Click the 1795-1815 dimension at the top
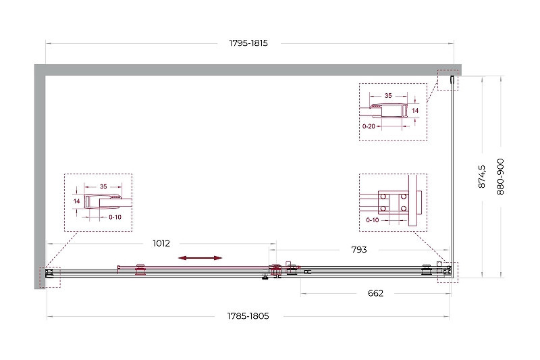coord(248,43)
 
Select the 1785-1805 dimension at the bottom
coord(248,316)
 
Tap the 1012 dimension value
coord(161,243)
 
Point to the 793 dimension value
coord(359,249)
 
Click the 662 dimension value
coord(375,293)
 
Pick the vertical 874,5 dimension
coord(482,176)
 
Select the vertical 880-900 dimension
coord(500,176)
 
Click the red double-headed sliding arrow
coord(200,258)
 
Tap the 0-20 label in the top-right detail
coord(369,126)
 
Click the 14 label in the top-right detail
coord(415,111)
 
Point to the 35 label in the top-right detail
coord(388,96)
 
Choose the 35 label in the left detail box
coord(103,186)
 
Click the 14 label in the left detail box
coord(76,201)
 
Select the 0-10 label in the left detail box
coord(115,217)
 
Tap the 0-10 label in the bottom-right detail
coord(373,220)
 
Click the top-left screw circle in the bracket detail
coord(383,197)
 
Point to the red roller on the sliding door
coord(140,269)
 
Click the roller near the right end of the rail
coord(427,269)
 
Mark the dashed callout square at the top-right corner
coord(448,80)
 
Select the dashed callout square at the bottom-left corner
coord(50,277)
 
